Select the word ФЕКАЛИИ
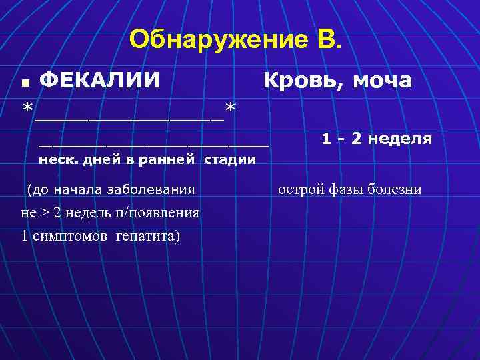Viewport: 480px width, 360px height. point(100,81)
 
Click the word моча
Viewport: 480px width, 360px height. point(381,81)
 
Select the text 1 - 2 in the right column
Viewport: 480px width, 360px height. point(343,139)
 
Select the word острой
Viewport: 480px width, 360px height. point(300,190)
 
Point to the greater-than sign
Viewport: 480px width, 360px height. point(49,213)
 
